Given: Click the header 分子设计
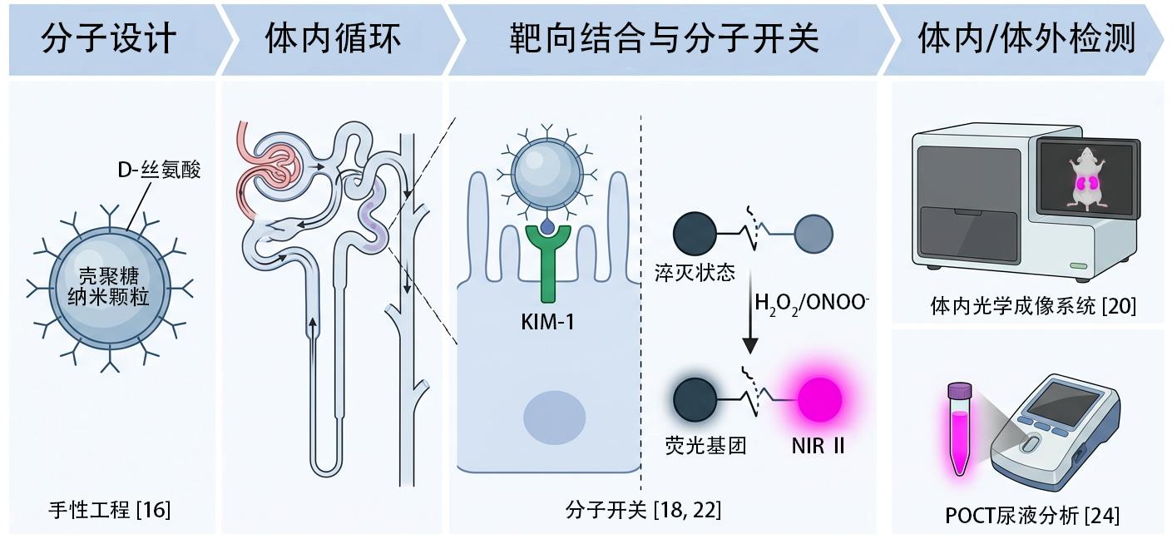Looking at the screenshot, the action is coord(108,39).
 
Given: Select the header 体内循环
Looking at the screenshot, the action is coord(334,39).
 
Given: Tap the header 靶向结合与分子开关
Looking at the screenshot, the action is coord(664,39).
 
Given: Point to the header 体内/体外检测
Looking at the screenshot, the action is coord(1026,39).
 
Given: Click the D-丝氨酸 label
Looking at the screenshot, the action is coord(159,170).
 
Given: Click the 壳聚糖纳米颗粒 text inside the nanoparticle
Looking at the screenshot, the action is coord(109,286).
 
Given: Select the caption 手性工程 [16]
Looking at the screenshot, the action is coord(110,510).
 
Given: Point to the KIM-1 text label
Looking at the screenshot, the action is coord(548,322).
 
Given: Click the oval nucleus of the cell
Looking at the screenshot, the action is coord(554,418).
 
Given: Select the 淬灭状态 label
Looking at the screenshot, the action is coord(695,273).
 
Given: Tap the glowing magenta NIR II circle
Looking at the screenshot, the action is coord(820,400).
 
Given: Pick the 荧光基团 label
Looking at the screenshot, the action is coord(706,446).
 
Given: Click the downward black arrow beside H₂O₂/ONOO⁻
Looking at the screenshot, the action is coord(750,312).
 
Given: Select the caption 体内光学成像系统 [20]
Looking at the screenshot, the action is coord(1033,306).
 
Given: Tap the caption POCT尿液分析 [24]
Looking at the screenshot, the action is coord(1032,516).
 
